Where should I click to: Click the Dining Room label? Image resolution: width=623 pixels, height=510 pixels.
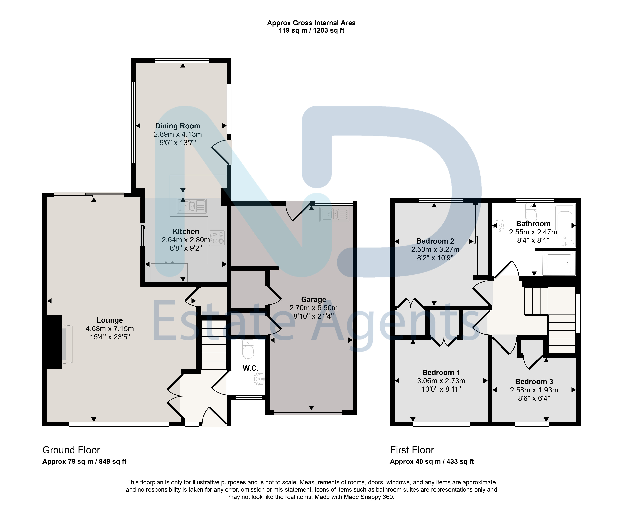[x=178, y=126]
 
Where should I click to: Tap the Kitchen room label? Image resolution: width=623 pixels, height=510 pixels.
[x=186, y=232]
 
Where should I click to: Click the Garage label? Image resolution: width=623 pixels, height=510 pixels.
[x=313, y=300]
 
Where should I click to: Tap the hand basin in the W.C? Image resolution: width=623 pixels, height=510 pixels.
[x=260, y=379]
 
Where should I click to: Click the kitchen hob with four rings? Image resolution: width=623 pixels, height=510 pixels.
[x=217, y=238]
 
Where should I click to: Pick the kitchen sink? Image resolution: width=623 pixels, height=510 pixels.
[x=191, y=206]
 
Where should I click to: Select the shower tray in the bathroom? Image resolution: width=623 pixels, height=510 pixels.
[x=559, y=263]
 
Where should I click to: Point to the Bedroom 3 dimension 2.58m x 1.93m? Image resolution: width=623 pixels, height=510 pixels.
[x=534, y=390]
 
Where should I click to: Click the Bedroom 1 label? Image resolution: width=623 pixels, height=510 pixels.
[x=441, y=373]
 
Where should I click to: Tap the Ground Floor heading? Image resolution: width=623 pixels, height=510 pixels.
[x=71, y=450]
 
